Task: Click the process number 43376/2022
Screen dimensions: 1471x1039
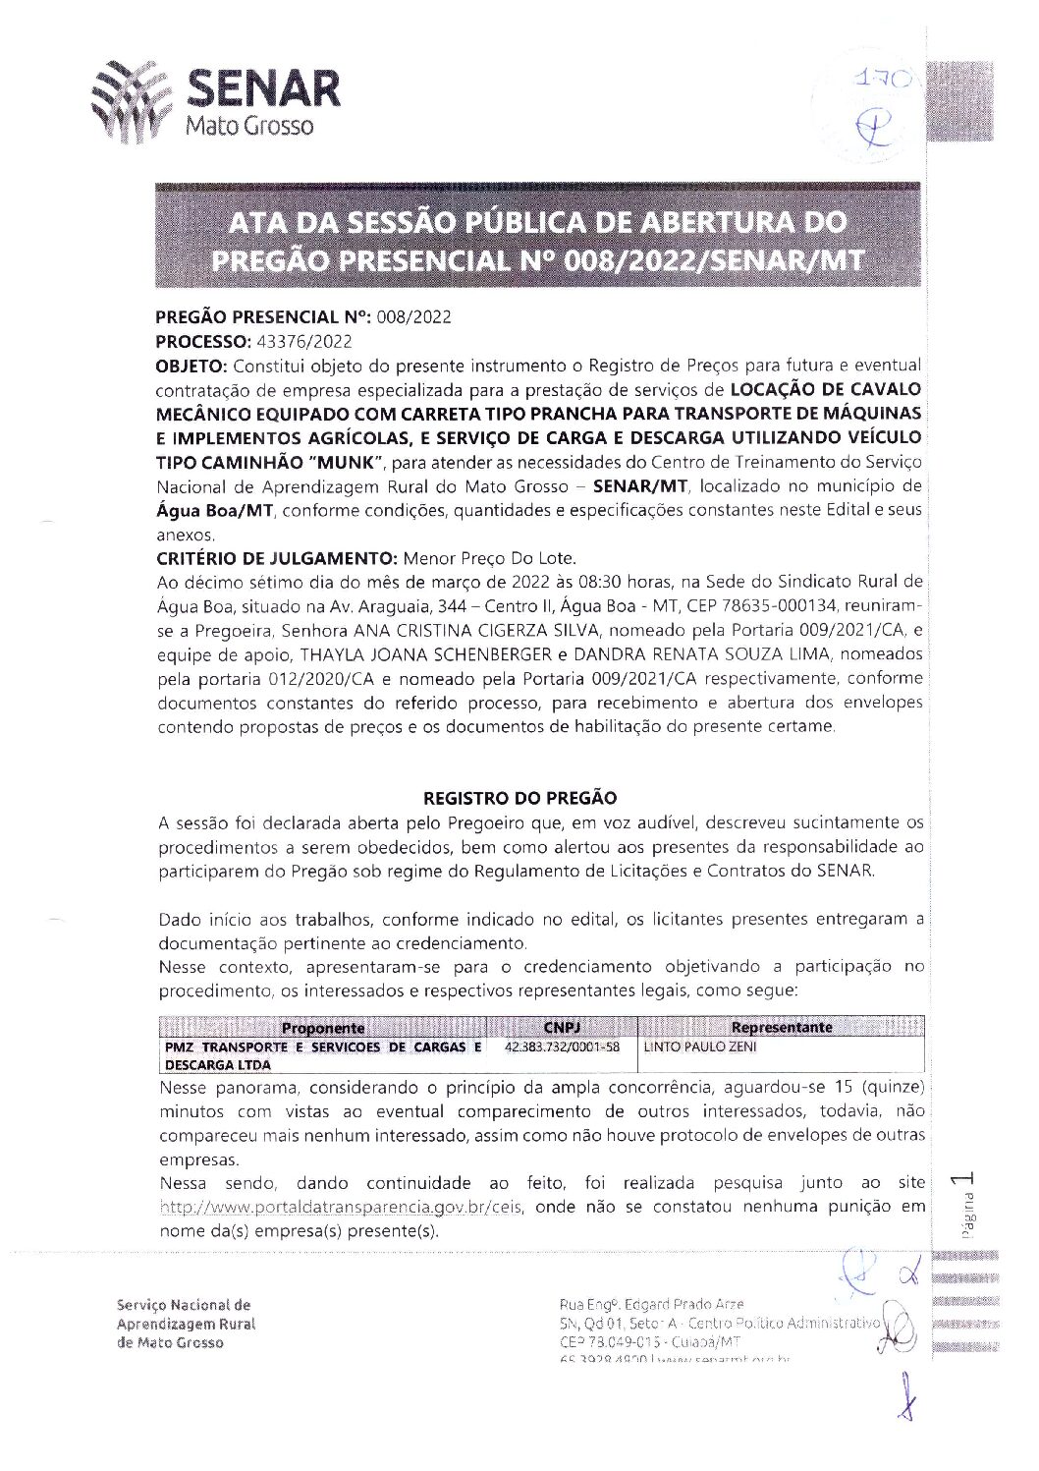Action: pyautogui.click(x=303, y=342)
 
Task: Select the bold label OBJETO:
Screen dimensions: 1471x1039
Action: pyautogui.click(x=191, y=367)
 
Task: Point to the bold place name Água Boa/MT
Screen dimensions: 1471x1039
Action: pyautogui.click(x=214, y=511)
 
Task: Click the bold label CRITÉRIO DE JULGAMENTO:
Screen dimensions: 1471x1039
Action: pyautogui.click(x=277, y=558)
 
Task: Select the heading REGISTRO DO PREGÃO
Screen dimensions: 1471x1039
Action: pyautogui.click(x=519, y=798)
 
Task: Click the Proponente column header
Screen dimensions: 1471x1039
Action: pyautogui.click(x=322, y=1028)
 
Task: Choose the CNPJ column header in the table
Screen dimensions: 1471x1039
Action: pyautogui.click(x=562, y=1028)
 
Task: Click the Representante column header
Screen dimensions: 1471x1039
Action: pyautogui.click(x=781, y=1028)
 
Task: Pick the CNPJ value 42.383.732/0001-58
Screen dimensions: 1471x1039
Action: pyautogui.click(x=562, y=1047)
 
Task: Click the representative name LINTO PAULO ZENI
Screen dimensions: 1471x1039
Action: pyautogui.click(x=700, y=1047)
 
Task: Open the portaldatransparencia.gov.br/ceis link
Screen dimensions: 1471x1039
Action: pyautogui.click(x=341, y=1207)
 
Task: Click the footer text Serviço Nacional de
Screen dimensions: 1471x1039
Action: pyautogui.click(x=184, y=1305)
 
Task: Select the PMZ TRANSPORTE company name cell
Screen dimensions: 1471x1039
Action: pyautogui.click(x=322, y=1055)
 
